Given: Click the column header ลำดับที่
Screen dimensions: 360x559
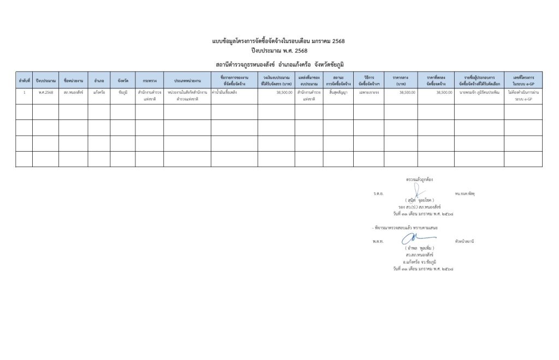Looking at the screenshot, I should (x=24, y=81).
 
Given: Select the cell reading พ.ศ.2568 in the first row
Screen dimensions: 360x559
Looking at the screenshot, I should (x=45, y=93).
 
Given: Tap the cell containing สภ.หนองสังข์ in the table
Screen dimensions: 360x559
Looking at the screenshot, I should (x=73, y=93).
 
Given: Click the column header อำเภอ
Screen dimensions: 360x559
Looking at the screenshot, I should (x=99, y=81).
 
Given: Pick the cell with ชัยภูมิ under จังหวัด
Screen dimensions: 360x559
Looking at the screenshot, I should (x=123, y=93).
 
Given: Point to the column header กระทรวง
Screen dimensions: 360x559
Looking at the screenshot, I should (x=150, y=81).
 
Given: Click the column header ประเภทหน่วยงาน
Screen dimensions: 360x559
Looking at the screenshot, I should (x=187, y=81).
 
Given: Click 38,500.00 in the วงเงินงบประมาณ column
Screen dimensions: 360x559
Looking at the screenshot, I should (x=284, y=93).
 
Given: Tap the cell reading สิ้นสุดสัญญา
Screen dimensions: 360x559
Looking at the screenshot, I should (x=338, y=93).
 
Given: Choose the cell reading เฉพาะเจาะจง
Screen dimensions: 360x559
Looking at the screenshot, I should (x=368, y=93).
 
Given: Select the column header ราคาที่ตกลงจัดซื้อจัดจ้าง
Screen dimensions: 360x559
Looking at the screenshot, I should (x=436, y=81).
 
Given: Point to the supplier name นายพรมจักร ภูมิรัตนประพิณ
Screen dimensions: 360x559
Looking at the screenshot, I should (x=479, y=93).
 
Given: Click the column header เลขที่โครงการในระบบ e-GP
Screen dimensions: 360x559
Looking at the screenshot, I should (x=524, y=81).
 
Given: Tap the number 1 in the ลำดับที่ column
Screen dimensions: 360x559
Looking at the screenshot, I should (x=24, y=93).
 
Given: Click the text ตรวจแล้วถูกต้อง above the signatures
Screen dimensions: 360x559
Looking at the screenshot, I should (x=419, y=179).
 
